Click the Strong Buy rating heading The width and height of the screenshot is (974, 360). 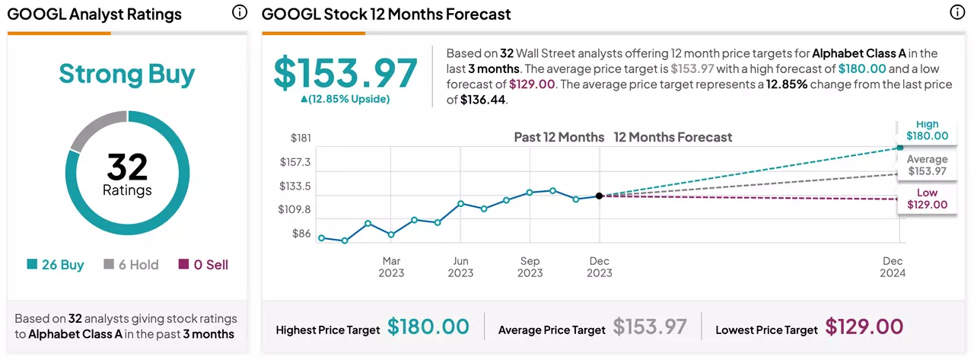pyautogui.click(x=126, y=74)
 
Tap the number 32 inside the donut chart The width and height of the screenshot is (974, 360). pyautogui.click(x=127, y=167)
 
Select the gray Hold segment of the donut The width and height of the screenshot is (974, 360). pyautogui.click(x=97, y=127)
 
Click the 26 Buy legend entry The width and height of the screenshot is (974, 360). pyautogui.click(x=56, y=264)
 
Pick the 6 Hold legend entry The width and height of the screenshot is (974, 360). pyautogui.click(x=131, y=264)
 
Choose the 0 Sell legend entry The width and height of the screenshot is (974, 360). pyautogui.click(x=203, y=264)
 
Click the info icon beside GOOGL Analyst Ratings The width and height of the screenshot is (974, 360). pyautogui.click(x=239, y=12)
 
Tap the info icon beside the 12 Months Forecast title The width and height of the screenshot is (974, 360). pyautogui.click(x=957, y=12)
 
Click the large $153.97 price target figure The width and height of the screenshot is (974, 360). pyautogui.click(x=345, y=72)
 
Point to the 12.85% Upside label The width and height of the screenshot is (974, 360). pyautogui.click(x=345, y=99)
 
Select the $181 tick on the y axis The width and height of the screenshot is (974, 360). pyautogui.click(x=301, y=138)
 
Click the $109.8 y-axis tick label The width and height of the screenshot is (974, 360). pyautogui.click(x=294, y=209)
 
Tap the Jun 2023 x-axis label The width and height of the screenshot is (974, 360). pyautogui.click(x=460, y=267)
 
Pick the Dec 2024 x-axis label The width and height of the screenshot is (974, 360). pyautogui.click(x=893, y=267)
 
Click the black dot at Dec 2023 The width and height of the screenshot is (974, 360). pyautogui.click(x=599, y=196)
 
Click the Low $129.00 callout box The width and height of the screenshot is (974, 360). pyautogui.click(x=927, y=199)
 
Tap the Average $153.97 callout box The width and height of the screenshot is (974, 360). pyautogui.click(x=927, y=165)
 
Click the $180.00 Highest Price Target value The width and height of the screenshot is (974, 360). pyautogui.click(x=428, y=327)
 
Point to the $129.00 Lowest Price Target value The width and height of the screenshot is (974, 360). pyautogui.click(x=864, y=327)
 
